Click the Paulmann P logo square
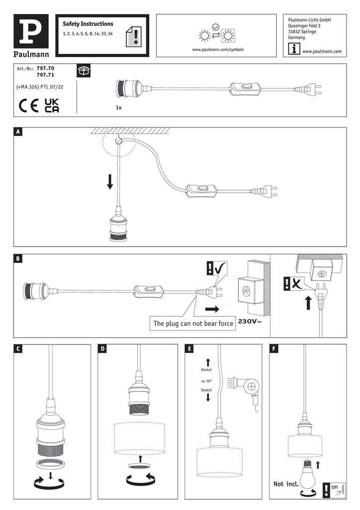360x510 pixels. (x=34, y=31)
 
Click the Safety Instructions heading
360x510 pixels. (x=88, y=24)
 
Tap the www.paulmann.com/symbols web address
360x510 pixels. (x=218, y=50)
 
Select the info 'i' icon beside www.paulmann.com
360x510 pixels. (x=294, y=49)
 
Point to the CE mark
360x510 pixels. (x=28, y=106)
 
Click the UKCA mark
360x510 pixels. (x=52, y=105)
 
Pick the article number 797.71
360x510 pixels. (x=46, y=75)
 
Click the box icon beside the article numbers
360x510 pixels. (x=83, y=70)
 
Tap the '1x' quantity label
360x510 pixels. (x=119, y=107)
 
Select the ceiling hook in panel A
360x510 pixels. (x=118, y=142)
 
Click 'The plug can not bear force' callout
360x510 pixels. (x=193, y=323)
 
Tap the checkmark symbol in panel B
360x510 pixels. (x=220, y=269)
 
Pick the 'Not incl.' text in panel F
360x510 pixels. (x=285, y=484)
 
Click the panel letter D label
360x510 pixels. (x=103, y=349)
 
